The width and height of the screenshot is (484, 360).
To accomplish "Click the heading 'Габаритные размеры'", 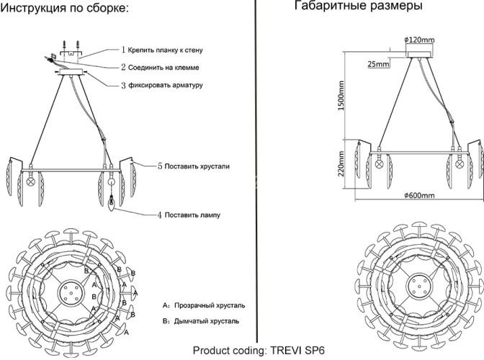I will coord(358,6).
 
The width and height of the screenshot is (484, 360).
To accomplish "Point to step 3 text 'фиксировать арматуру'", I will coord(166,85).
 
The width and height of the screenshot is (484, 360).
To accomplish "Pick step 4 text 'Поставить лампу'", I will coord(191,215).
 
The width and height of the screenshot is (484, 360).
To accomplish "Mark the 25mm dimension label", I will coord(378,64).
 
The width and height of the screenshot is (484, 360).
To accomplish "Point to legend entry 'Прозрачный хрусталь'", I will coord(205,305).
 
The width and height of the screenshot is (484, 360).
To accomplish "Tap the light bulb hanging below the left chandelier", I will coord(112,204).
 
